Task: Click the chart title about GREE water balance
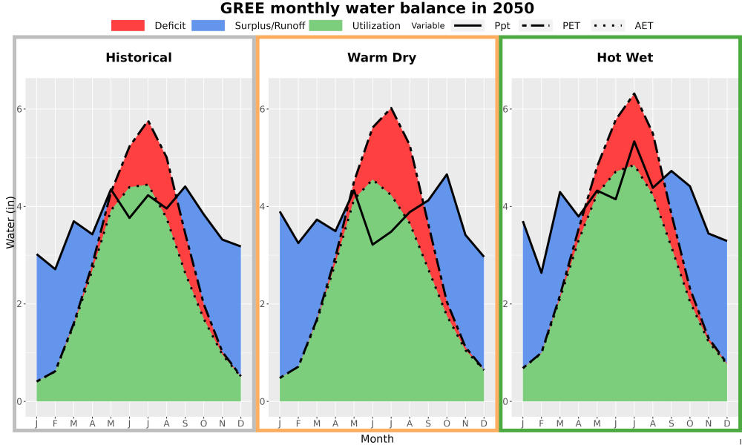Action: click(x=377, y=8)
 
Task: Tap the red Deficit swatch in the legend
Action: click(x=128, y=25)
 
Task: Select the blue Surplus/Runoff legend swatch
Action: click(x=209, y=25)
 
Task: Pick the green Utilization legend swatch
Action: click(x=326, y=25)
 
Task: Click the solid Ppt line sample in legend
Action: click(x=467, y=25)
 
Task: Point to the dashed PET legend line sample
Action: click(x=536, y=25)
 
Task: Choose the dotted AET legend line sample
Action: click(x=608, y=25)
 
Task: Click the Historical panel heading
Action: click(x=139, y=58)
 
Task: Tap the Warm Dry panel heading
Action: click(x=382, y=58)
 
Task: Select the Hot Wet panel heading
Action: click(x=625, y=58)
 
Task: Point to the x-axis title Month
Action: click(x=377, y=439)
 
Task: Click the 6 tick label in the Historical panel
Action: click(x=20, y=109)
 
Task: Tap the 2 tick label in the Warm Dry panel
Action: click(x=263, y=304)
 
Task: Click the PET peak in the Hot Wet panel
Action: click(x=634, y=93)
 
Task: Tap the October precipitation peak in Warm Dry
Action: click(x=447, y=174)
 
